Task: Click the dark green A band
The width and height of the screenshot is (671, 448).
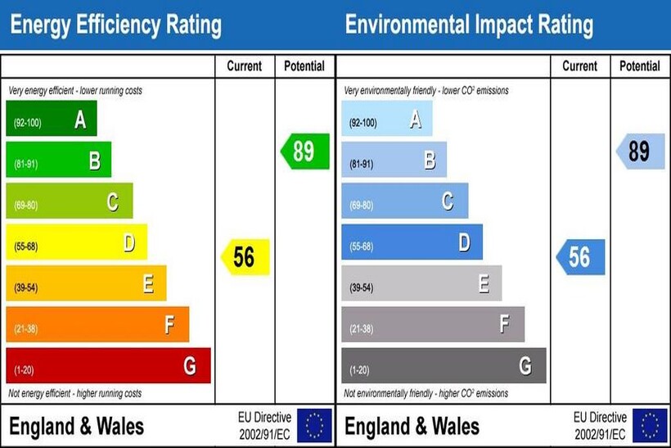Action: (x=52, y=120)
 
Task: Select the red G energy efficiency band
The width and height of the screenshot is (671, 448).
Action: (x=108, y=365)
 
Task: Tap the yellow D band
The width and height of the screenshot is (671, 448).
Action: (x=77, y=242)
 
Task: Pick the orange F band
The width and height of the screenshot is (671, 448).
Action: (x=97, y=324)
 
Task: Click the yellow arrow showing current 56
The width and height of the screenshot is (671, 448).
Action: (x=245, y=257)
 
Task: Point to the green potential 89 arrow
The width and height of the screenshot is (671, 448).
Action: (x=305, y=152)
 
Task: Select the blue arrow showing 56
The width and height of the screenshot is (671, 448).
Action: (x=581, y=257)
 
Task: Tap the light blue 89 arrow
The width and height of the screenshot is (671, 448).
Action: (x=641, y=152)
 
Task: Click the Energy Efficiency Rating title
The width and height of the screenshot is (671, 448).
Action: (x=115, y=25)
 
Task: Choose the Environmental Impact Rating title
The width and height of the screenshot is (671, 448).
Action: (x=469, y=25)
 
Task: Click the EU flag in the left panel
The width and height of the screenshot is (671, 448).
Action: (x=314, y=425)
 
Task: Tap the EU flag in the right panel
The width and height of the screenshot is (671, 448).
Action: (x=650, y=425)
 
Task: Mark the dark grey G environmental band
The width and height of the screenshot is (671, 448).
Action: (x=444, y=365)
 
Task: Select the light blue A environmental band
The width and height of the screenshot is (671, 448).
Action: (x=387, y=120)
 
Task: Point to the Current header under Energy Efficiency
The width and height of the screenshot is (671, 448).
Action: (x=245, y=66)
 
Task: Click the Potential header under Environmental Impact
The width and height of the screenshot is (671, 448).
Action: (x=640, y=66)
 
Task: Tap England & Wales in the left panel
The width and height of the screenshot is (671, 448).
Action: (x=76, y=426)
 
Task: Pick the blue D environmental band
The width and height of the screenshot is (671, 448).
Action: (x=412, y=242)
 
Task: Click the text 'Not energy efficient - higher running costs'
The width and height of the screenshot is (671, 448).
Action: (x=75, y=394)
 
